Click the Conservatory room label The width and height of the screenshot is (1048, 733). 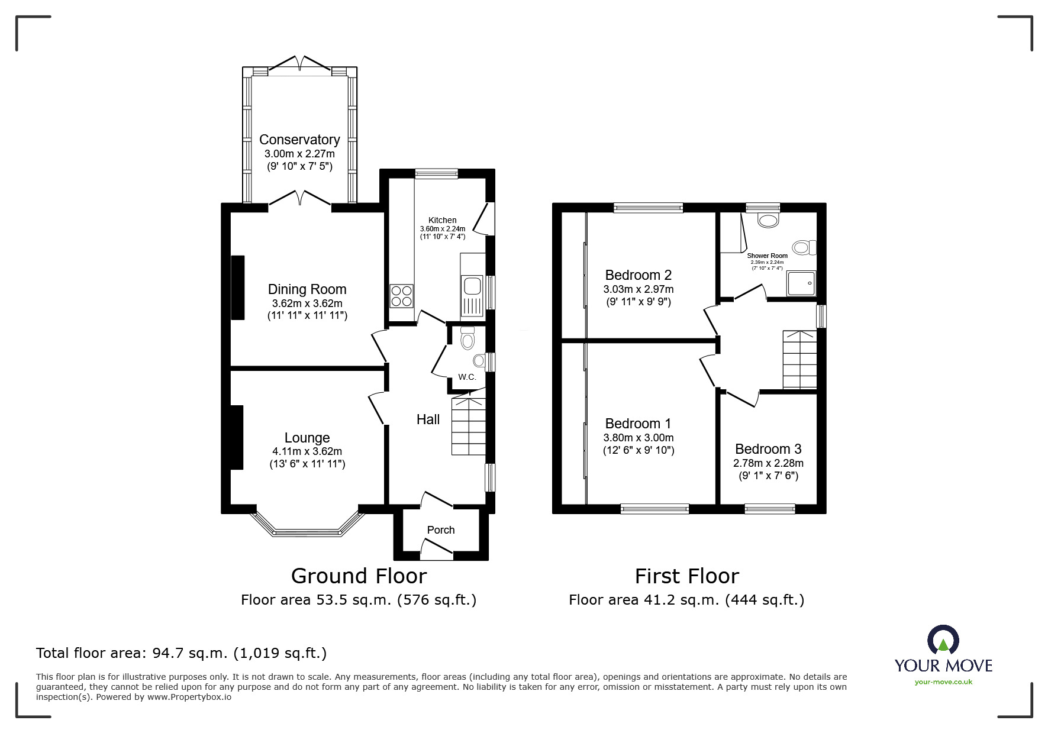[299, 140]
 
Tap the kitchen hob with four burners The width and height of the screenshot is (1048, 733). [401, 296]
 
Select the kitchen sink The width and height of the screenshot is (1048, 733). [472, 286]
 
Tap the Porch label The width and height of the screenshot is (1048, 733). [441, 530]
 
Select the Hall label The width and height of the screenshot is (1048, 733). [428, 419]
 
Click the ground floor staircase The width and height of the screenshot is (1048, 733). [469, 427]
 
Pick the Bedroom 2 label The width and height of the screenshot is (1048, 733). [638, 275]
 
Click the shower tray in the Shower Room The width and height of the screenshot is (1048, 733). [801, 284]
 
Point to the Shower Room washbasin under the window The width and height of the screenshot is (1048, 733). [768, 221]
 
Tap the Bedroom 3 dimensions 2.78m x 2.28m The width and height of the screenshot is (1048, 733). [768, 463]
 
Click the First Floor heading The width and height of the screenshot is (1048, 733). [686, 576]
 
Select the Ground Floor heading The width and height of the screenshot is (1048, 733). [359, 576]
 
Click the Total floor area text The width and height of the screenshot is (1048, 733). [181, 653]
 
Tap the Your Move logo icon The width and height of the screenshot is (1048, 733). [943, 641]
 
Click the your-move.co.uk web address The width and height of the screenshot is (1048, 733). [943, 682]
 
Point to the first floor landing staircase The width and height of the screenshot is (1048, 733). [799, 360]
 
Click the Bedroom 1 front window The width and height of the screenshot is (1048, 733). [654, 508]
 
